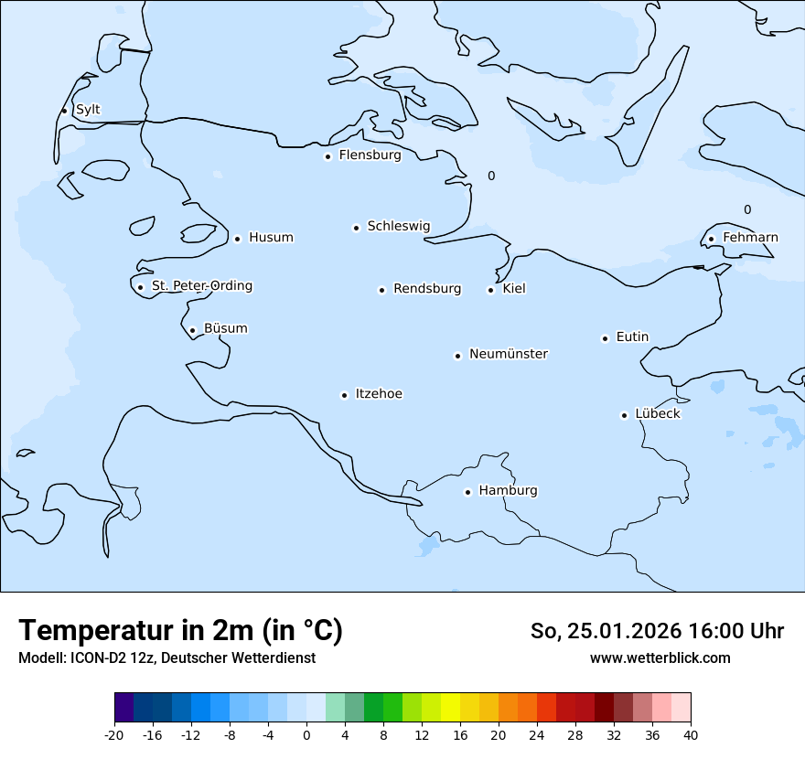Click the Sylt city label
[88, 110]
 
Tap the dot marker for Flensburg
[327, 156]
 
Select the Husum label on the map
[271, 238]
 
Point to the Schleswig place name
[398, 226]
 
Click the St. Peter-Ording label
[201, 286]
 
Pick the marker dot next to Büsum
[192, 330]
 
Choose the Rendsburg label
[427, 289]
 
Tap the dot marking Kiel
[490, 290]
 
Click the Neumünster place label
[509, 354]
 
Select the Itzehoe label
[379, 394]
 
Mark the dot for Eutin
[605, 338]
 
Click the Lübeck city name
[658, 413]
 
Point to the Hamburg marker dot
[467, 492]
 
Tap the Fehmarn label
[750, 238]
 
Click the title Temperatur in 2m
[180, 631]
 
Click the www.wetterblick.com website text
[660, 657]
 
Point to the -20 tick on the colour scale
[114, 734]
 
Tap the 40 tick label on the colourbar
[691, 734]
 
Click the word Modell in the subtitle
[38, 658]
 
